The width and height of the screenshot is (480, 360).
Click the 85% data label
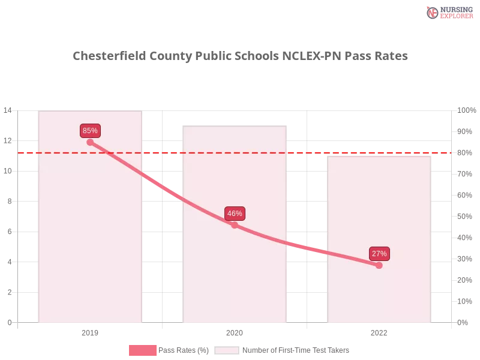point(90,131)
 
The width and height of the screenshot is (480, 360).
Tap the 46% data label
point(235,214)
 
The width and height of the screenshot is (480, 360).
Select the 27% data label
point(379,254)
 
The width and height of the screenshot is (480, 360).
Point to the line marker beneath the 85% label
point(90,142)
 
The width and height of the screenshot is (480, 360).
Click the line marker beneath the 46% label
point(235,225)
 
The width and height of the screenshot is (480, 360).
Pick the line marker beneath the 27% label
point(379,265)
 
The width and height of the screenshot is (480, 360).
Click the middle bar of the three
point(235,270)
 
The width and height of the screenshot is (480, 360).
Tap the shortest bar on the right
point(379,288)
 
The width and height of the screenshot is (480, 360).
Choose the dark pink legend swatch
point(142,350)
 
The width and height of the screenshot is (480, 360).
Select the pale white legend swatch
point(227,350)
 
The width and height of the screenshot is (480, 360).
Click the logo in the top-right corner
point(448,12)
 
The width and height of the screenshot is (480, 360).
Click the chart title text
point(240,56)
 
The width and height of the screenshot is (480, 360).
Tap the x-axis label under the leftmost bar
point(90,331)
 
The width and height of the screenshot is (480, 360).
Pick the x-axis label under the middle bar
point(235,331)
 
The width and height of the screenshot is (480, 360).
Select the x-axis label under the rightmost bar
point(379,331)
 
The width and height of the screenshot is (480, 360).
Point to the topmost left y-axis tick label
point(8,110)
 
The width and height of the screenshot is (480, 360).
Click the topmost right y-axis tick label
point(466,110)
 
